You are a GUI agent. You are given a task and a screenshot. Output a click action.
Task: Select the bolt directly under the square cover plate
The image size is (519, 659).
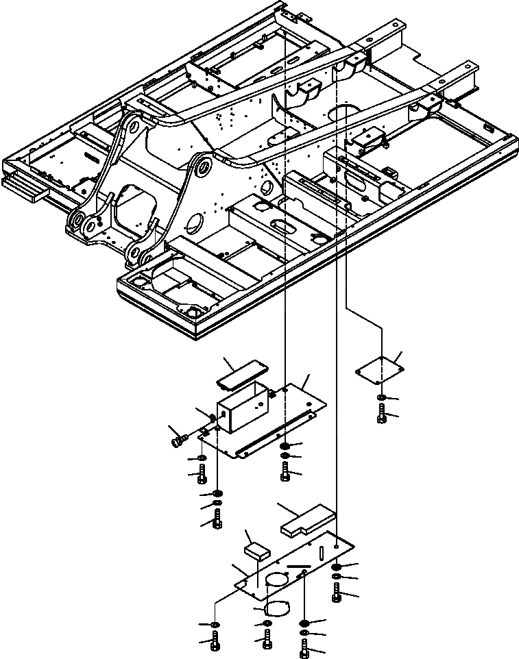point(381,413)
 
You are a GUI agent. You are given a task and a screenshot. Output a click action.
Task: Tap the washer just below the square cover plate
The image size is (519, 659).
point(381,398)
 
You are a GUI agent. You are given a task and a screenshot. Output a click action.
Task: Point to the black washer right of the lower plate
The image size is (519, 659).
point(337,567)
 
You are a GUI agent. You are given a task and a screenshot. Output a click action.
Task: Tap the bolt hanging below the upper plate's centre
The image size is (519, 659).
point(285,471)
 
